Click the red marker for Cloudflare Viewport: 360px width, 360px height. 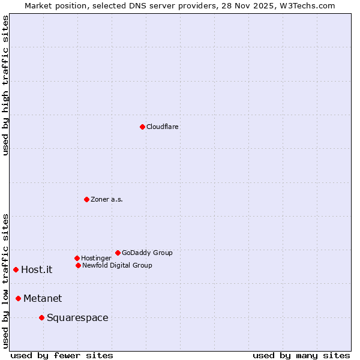142,127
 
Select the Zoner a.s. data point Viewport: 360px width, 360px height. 86,199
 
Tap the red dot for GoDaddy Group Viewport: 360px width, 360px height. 118,253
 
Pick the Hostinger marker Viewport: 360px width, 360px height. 77,258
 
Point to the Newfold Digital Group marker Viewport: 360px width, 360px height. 78,265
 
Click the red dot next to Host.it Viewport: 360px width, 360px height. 16,269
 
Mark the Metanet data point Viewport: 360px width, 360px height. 18,298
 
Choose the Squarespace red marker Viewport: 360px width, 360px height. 41,317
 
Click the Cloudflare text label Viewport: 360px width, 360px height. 163,127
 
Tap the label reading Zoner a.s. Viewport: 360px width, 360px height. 107,199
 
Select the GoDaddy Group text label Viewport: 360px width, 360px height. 147,253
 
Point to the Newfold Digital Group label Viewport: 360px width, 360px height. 117,265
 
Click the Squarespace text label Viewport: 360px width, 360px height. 77,317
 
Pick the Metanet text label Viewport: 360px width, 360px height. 43,298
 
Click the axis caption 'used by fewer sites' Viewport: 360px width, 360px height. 62,355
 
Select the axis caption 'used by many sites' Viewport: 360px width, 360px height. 301,355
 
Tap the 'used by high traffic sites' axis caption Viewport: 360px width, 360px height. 5,85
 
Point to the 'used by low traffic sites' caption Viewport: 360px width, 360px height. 5,281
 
